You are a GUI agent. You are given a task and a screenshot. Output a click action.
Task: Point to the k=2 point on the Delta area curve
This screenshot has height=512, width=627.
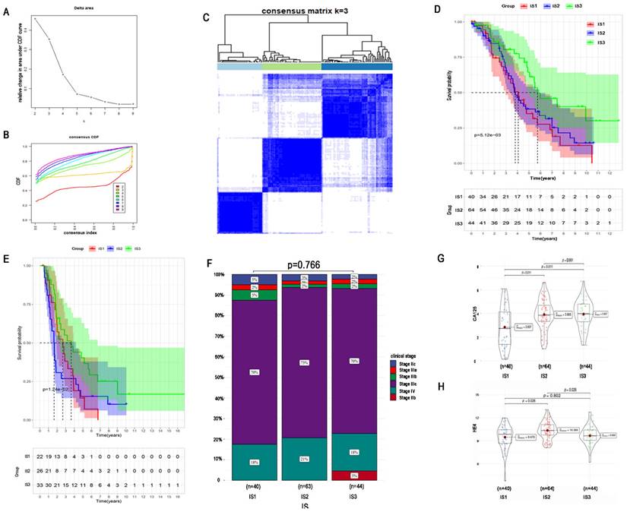click(34, 19)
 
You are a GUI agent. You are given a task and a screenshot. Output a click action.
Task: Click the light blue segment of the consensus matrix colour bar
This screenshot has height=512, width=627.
click(239, 67)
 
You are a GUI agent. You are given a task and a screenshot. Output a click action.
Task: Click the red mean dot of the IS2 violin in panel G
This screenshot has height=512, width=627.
click(544, 314)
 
